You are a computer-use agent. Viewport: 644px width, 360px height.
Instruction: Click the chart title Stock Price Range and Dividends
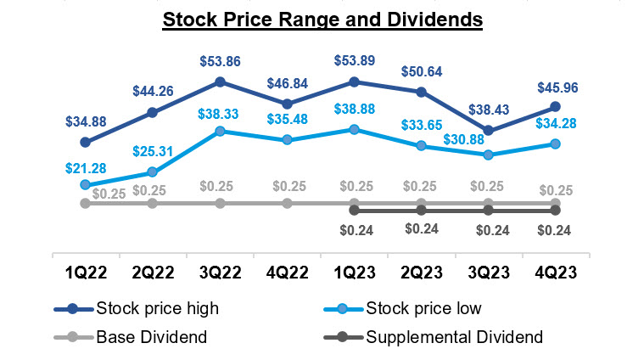click(322, 19)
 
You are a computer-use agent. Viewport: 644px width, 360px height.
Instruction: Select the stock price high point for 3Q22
click(220, 82)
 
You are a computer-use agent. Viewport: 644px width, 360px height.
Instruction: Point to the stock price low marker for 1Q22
click(85, 184)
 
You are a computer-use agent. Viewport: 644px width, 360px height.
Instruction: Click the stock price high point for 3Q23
click(488, 131)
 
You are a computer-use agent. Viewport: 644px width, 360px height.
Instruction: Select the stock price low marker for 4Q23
click(555, 143)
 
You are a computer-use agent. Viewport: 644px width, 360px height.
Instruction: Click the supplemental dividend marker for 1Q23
click(354, 210)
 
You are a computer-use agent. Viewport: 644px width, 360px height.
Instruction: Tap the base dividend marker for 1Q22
click(85, 203)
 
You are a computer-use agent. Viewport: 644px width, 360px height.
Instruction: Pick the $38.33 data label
click(220, 113)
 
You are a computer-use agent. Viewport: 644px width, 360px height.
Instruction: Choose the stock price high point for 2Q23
click(421, 91)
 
